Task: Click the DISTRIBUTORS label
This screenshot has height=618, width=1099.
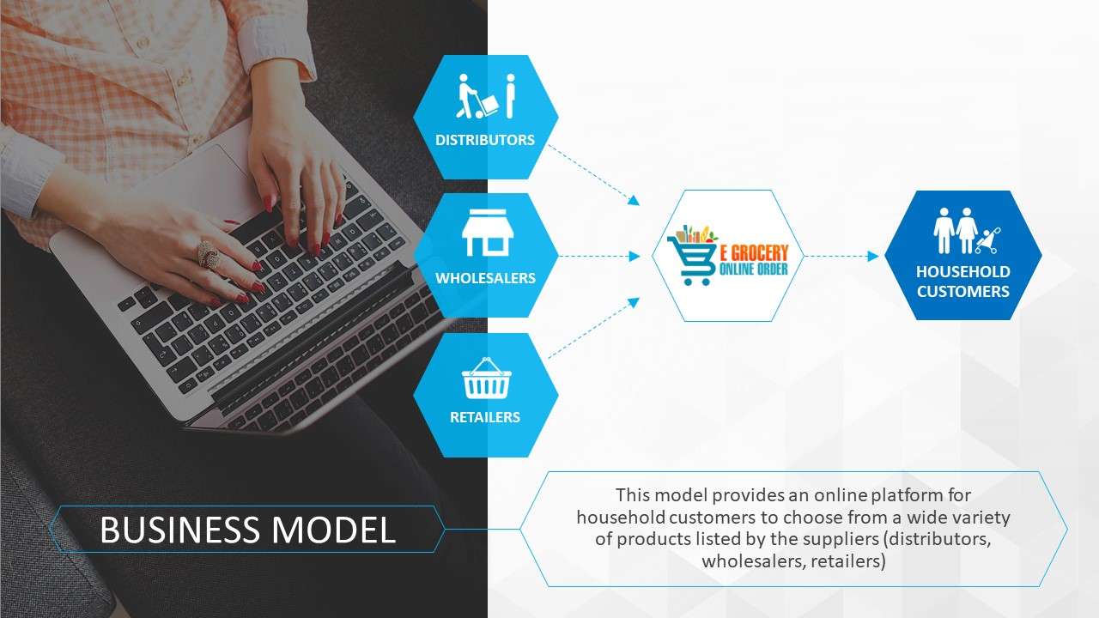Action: (485, 140)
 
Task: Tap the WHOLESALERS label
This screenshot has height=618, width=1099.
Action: (485, 278)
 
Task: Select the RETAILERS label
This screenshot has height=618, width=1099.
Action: (485, 417)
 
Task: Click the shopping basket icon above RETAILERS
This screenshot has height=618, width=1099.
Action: (486, 379)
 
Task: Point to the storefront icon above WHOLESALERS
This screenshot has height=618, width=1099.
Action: (487, 233)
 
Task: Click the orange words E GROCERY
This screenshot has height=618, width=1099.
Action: (754, 252)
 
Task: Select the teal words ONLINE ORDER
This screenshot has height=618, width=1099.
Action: (754, 269)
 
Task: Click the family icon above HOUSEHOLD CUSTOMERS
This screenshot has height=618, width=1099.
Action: (966, 231)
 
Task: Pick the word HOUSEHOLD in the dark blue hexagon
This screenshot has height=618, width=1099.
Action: (963, 272)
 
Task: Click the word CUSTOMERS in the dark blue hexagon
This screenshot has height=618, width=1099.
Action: (963, 291)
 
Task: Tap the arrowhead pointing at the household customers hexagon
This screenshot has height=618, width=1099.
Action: (873, 256)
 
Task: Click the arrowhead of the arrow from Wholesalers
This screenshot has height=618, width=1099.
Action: (635, 256)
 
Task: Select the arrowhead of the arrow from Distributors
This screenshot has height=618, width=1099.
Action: (634, 200)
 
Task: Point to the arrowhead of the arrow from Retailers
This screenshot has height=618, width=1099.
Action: (634, 303)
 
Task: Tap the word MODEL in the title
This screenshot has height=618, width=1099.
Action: (334, 530)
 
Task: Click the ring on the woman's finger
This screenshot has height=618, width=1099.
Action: (209, 254)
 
